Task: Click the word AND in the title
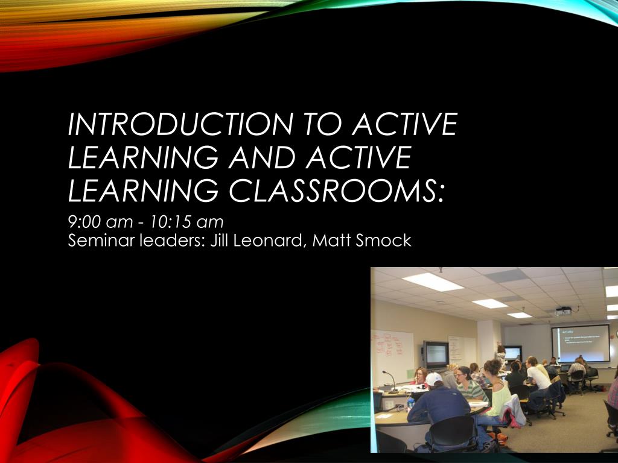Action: click(x=264, y=158)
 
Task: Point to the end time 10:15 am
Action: click(x=187, y=222)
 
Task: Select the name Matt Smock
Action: click(x=362, y=241)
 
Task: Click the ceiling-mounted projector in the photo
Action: click(x=562, y=311)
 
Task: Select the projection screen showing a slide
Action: click(x=580, y=342)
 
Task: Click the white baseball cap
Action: click(x=434, y=379)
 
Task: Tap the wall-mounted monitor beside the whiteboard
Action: click(x=436, y=354)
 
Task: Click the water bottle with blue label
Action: click(x=411, y=403)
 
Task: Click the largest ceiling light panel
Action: click(x=433, y=282)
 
